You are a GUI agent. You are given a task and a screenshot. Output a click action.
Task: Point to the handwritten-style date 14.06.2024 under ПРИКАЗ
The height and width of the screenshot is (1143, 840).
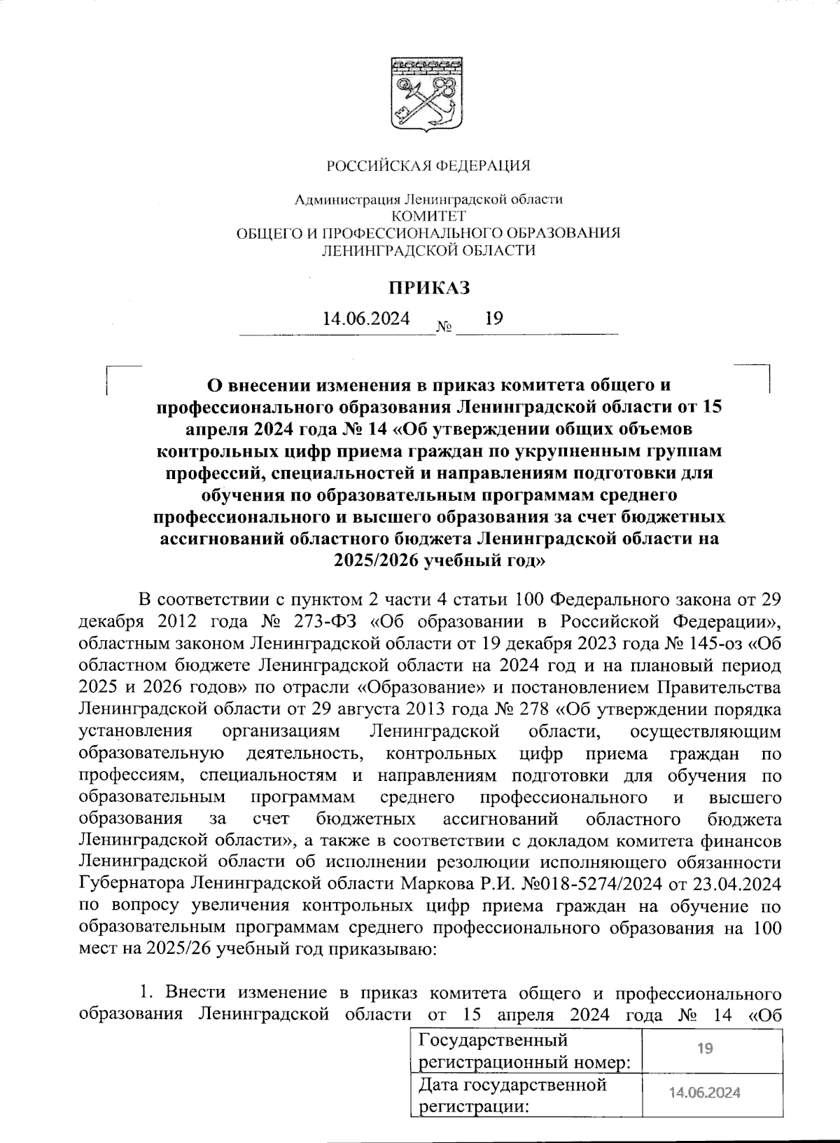point(366,319)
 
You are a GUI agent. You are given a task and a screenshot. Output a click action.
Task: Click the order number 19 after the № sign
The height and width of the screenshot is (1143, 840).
point(493,319)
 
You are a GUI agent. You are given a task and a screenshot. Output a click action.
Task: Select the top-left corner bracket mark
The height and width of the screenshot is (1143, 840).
point(112,371)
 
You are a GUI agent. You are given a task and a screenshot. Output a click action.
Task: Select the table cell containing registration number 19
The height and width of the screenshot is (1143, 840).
point(706,1048)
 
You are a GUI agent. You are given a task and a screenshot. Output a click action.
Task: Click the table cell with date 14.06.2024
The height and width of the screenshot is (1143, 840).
point(706,1093)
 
